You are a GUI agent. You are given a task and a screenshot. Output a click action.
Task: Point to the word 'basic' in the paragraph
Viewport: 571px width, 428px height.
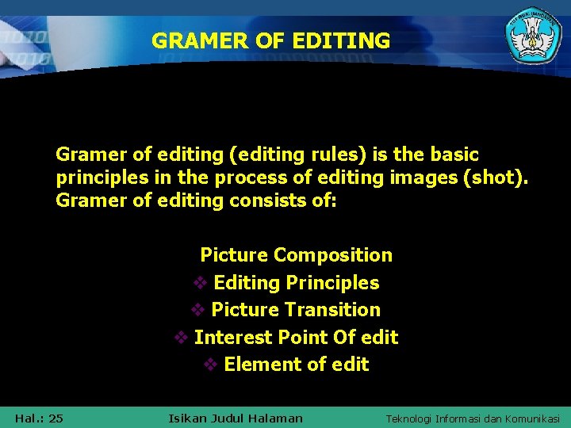click(x=451, y=154)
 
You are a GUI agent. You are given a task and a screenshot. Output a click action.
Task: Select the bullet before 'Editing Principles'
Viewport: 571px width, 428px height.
click(x=201, y=283)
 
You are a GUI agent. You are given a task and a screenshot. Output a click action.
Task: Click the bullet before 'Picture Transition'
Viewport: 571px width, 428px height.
click(x=198, y=310)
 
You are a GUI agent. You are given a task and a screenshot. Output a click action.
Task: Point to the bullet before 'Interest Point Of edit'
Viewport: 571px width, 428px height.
click(x=181, y=338)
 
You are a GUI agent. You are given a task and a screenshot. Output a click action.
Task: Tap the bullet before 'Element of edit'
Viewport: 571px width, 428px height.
click(x=211, y=365)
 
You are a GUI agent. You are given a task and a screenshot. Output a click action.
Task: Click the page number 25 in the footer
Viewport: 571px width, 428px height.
click(x=56, y=418)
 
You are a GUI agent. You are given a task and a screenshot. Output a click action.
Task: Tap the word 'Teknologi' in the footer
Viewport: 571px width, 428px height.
click(x=412, y=418)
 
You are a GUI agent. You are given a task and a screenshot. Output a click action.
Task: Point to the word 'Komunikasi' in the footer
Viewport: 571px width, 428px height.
click(x=531, y=418)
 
